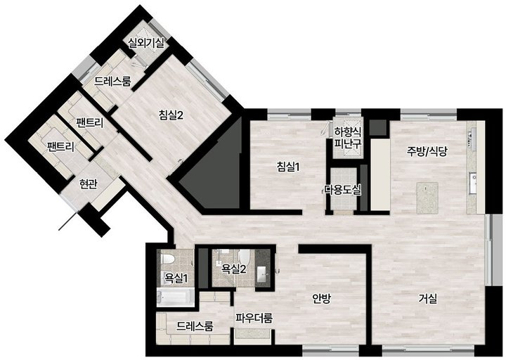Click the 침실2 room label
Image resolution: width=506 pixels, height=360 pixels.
point(171,115)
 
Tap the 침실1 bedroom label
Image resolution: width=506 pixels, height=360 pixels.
point(288,167)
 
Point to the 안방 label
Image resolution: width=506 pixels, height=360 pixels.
point(321,298)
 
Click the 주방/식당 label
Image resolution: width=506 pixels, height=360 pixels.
point(427,151)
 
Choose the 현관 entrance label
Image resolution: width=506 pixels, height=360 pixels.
point(89,184)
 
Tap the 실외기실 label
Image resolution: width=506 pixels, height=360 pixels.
point(146,43)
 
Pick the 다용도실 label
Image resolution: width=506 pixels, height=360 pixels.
point(342,190)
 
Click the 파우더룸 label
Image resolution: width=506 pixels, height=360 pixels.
point(254,318)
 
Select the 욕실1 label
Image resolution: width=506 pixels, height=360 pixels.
point(176,278)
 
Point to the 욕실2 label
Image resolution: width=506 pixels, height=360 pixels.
point(234,269)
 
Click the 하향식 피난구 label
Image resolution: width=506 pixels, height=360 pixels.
point(348,138)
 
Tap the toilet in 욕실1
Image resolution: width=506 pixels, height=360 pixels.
point(168,259)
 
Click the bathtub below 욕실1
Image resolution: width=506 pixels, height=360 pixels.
point(175,297)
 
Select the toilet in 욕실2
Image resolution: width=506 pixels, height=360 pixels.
point(245,257)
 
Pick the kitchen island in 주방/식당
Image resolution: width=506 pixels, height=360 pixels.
point(427,198)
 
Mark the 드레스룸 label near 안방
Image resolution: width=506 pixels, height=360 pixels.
point(195,326)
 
